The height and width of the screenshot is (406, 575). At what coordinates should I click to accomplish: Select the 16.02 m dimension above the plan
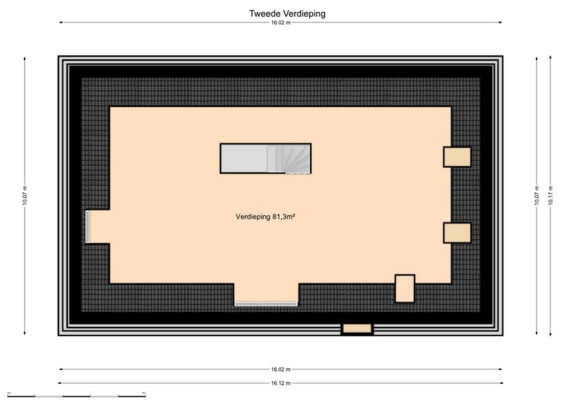(280, 23)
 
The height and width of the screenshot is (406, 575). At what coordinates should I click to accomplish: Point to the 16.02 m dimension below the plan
(280, 369)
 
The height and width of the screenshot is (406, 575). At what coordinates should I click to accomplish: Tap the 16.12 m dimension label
(280, 383)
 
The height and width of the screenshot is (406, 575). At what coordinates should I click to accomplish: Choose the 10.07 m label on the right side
(537, 195)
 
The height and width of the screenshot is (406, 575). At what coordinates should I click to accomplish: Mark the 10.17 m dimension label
(550, 195)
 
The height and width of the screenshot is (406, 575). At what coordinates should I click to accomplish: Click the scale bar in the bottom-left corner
(76, 395)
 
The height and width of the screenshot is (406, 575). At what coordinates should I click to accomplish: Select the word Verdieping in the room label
(253, 216)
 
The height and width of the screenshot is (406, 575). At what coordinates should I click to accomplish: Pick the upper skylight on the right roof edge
(457, 156)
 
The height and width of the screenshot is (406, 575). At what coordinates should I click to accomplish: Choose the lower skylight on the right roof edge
(457, 232)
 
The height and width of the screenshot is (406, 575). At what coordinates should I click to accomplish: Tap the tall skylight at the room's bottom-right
(405, 289)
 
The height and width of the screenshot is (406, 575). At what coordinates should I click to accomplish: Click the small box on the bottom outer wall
(357, 328)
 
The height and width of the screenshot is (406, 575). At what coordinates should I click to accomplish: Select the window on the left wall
(88, 227)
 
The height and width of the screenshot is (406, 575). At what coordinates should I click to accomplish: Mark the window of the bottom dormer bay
(266, 303)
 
